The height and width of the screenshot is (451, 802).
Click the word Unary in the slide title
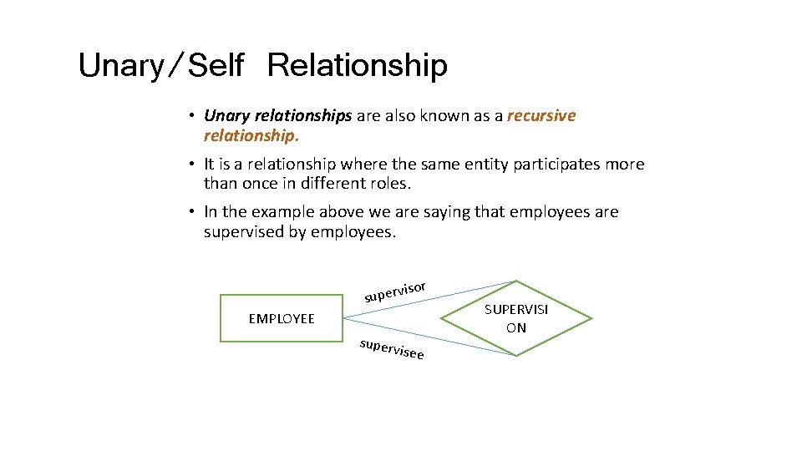[x=122, y=65]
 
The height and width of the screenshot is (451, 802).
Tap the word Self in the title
[x=216, y=65]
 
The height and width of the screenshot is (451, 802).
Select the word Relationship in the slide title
[x=358, y=65]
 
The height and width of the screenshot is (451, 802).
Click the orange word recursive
[x=541, y=115]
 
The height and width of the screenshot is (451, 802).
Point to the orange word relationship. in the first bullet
[x=251, y=135]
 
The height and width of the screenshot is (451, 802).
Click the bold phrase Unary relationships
[x=277, y=115]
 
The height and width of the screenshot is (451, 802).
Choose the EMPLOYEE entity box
[x=282, y=318]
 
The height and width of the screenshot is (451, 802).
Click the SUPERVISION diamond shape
[x=516, y=318]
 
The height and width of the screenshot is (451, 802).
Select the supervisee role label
[x=392, y=349]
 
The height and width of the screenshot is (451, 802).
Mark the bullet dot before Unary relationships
[x=191, y=116]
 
